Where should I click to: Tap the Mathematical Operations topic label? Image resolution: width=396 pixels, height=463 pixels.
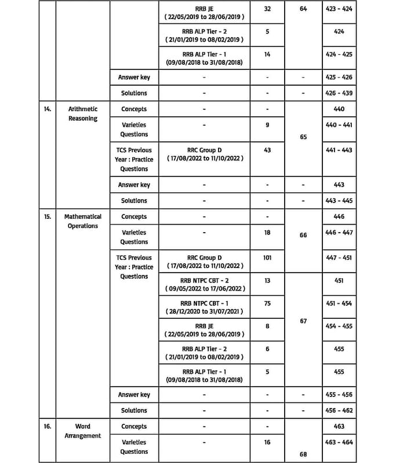(x=83, y=221)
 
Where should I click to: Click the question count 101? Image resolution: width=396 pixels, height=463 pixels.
(x=267, y=258)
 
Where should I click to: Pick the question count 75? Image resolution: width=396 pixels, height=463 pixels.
(x=267, y=303)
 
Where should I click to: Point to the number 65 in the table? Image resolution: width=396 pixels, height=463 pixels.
(x=303, y=137)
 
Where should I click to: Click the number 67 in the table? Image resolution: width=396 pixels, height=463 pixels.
(x=303, y=321)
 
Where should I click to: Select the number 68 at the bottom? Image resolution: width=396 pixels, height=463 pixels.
(x=303, y=454)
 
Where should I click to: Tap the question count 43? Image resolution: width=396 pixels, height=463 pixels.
(x=267, y=150)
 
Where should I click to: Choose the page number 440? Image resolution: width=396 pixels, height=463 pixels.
(x=339, y=109)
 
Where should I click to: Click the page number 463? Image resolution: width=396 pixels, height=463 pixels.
(x=339, y=426)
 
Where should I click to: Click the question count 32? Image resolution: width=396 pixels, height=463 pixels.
(x=267, y=10)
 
